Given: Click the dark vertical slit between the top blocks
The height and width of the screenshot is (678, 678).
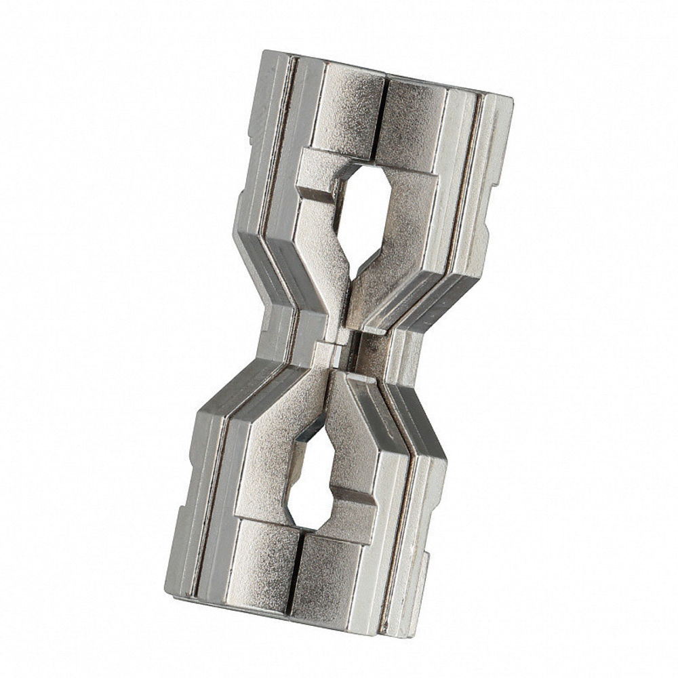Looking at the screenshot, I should click(x=383, y=122).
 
